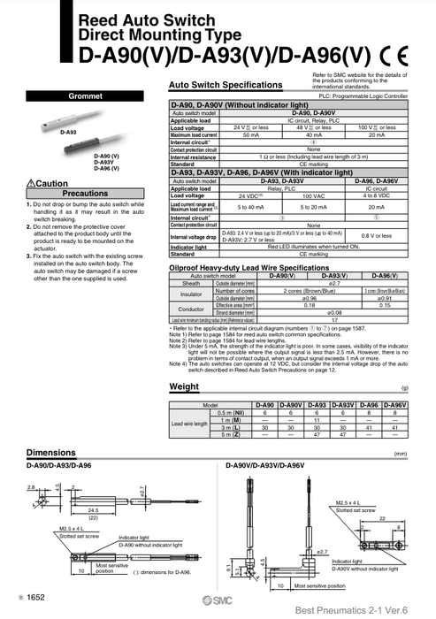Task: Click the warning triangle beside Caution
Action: click(x=30, y=183)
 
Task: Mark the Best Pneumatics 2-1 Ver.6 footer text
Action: click(x=359, y=610)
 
